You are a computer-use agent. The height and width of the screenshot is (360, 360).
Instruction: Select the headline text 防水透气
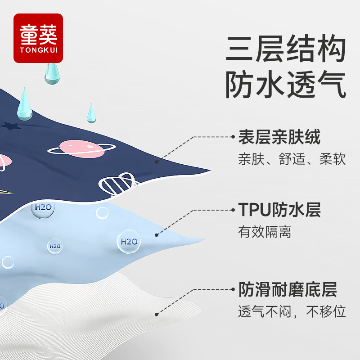(286, 85)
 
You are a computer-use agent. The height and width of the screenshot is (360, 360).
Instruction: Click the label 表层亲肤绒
(279, 137)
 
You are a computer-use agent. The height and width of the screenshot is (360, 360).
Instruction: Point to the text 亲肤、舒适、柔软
(292, 159)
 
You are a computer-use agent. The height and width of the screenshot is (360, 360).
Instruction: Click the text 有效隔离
(265, 232)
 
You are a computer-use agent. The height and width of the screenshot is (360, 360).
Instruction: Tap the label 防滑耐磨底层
(288, 289)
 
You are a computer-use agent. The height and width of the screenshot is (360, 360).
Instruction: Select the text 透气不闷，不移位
(292, 311)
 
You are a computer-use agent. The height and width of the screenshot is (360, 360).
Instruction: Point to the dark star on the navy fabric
(9, 126)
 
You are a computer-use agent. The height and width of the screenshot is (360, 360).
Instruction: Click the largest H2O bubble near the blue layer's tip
(128, 241)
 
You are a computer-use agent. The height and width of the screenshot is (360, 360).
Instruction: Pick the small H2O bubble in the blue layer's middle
(55, 246)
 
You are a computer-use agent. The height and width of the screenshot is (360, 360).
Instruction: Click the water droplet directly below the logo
(52, 73)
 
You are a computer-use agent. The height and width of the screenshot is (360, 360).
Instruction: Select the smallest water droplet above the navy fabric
(91, 113)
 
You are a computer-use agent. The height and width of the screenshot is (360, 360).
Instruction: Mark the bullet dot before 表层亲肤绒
(234, 136)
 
